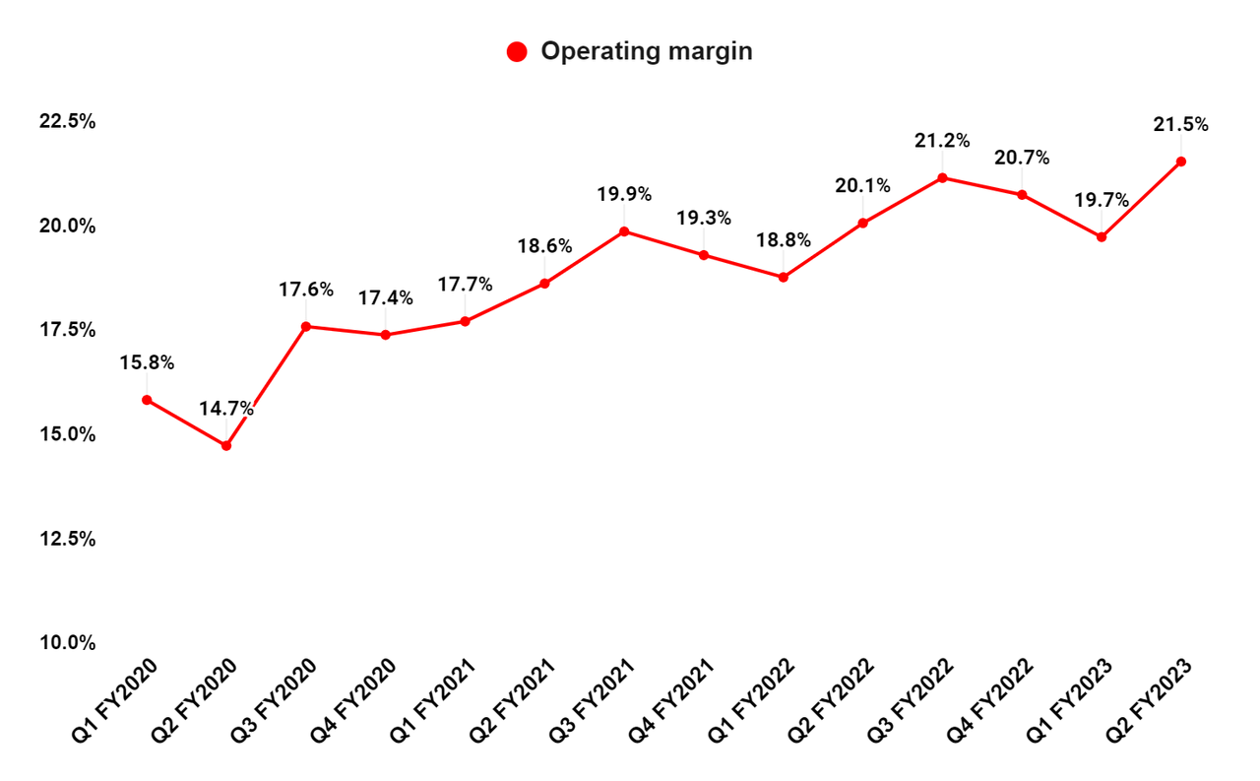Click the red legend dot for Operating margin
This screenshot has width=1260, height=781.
[517, 52]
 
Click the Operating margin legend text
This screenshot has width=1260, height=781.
[646, 52]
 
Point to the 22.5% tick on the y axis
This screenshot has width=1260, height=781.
[68, 122]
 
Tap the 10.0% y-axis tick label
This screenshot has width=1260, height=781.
[68, 643]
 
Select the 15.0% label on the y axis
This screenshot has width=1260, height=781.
[68, 434]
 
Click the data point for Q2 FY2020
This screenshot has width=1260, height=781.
[226, 445]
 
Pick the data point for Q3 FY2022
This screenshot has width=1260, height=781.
[942, 178]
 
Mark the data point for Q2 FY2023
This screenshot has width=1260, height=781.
[1181, 162]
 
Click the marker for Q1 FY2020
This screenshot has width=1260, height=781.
[147, 400]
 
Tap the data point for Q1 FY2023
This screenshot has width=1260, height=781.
[1102, 237]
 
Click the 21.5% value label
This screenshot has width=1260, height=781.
[1181, 125]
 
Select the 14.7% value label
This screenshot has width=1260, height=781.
[226, 409]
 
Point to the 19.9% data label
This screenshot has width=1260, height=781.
[624, 194]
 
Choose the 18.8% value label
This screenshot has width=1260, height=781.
[784, 239]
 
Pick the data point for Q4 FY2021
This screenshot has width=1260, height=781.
[704, 255]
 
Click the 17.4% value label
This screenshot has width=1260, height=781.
[385, 297]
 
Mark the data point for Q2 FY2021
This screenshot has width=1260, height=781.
[544, 284]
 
